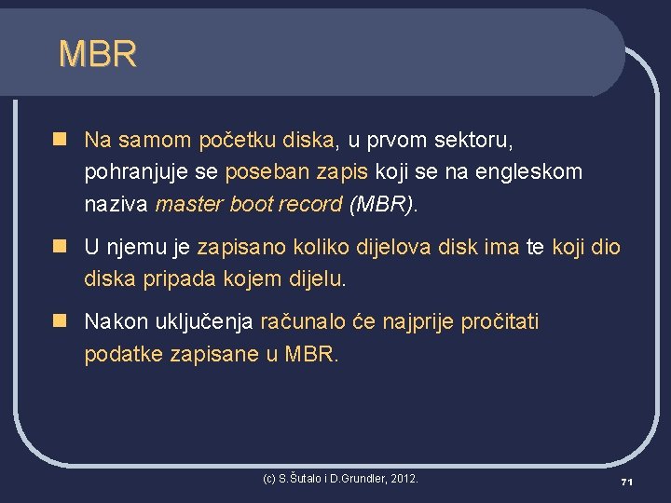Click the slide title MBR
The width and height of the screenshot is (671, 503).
pyautogui.click(x=97, y=53)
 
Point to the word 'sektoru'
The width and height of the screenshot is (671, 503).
pyautogui.click(x=473, y=141)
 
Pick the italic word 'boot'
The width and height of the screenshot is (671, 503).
pyautogui.click(x=253, y=204)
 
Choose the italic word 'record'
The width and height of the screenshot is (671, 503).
pyautogui.click(x=312, y=204)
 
